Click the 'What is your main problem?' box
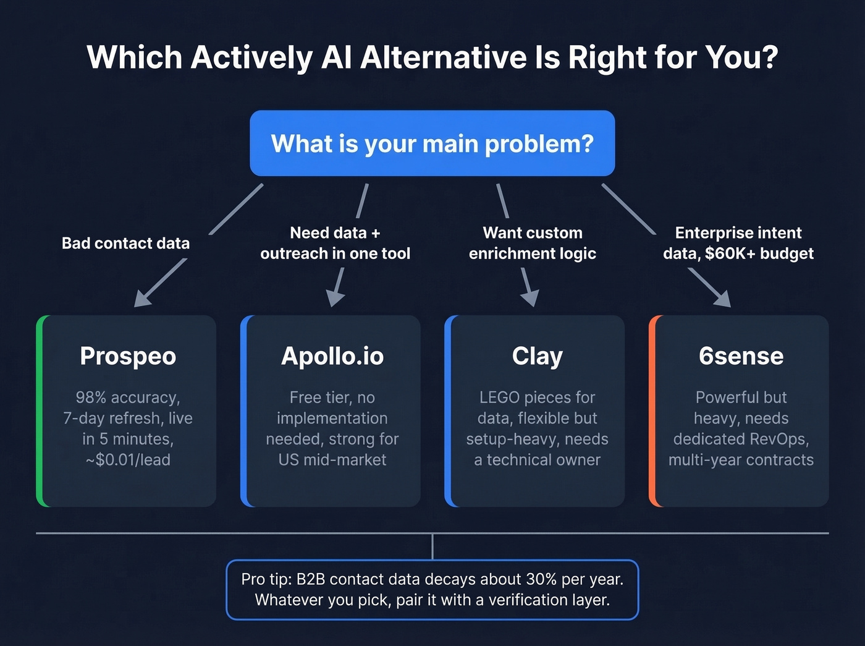432,143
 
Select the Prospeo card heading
128,356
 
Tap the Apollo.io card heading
332,356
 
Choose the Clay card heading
537,356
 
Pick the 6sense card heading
741,356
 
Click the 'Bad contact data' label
125,243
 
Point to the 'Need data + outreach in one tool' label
335,243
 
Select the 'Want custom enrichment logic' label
532,243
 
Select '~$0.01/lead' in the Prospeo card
128,460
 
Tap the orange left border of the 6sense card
652,411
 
